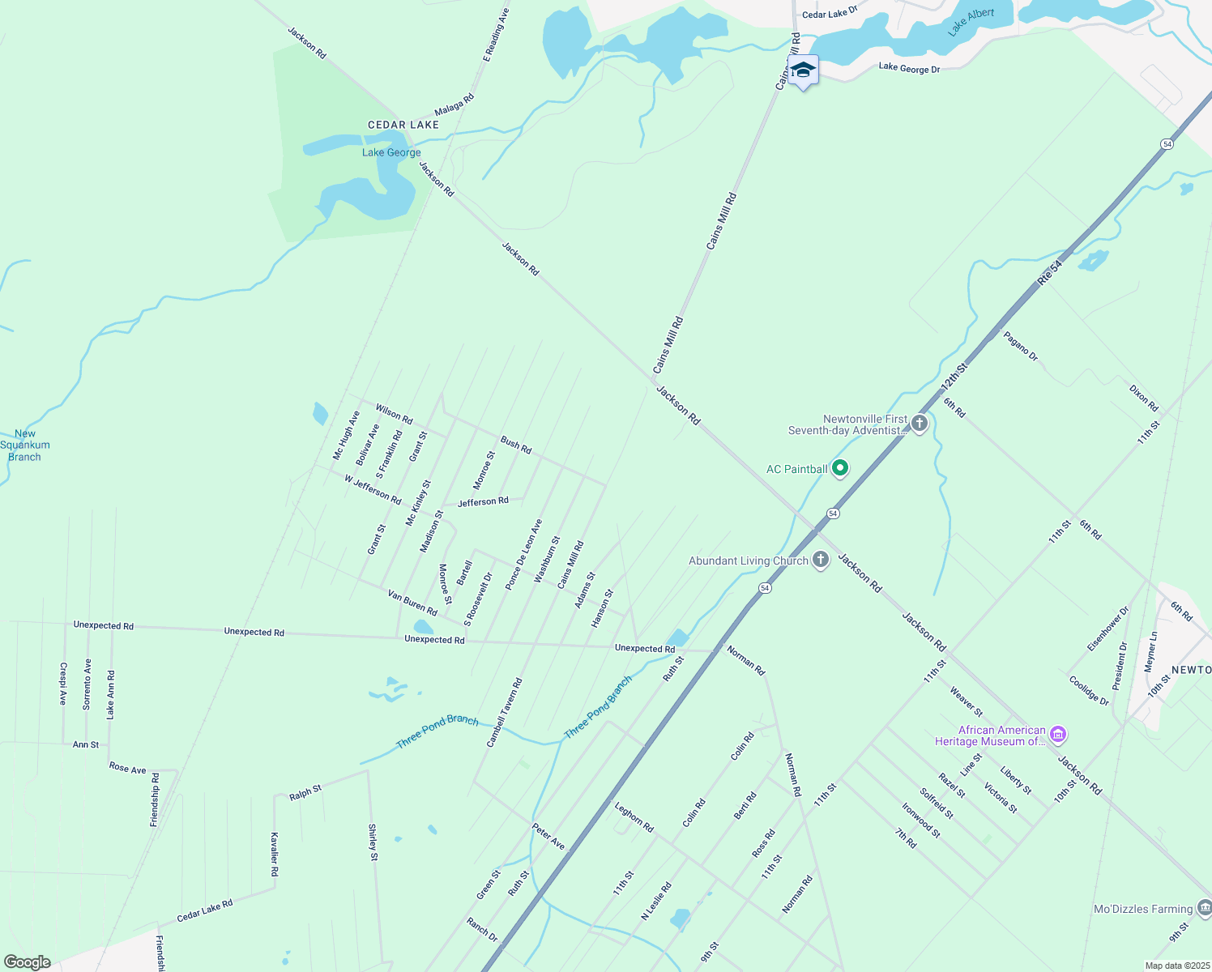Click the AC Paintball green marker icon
point(840,468)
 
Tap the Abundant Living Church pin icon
point(821,559)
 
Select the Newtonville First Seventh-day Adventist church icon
point(919,423)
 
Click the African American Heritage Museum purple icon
point(1057,735)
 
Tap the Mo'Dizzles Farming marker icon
point(1205,909)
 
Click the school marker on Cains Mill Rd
point(803,71)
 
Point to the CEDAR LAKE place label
point(403,125)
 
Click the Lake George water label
point(391,152)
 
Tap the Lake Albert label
point(971,23)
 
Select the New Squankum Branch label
point(25,445)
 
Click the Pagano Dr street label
point(1020,346)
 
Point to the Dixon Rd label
point(1144,397)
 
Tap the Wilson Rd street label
point(394,414)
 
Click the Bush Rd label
point(516,445)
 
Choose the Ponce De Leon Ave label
point(523,555)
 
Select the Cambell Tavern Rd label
point(504,713)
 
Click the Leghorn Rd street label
point(634,816)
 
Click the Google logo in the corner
point(27,962)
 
